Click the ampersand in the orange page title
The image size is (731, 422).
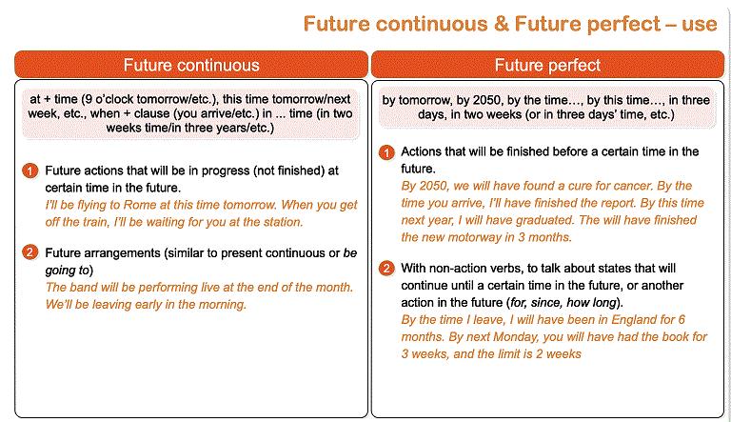click(x=502, y=24)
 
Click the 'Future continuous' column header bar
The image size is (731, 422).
click(x=191, y=65)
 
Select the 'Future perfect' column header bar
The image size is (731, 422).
click(x=547, y=65)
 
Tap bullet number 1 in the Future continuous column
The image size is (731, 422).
click(x=30, y=171)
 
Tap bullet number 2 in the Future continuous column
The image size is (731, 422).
click(x=30, y=252)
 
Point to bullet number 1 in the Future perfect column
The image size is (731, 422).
click(x=386, y=152)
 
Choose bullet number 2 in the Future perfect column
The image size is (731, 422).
click(x=386, y=269)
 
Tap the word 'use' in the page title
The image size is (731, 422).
click(x=700, y=24)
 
